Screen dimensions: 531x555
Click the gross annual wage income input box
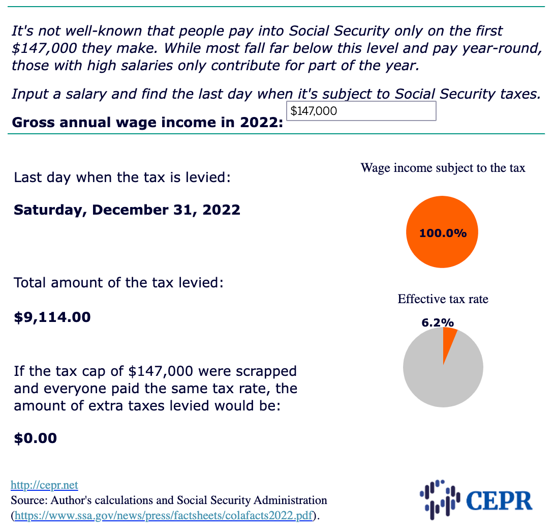[x=361, y=111]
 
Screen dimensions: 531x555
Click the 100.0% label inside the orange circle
[x=443, y=233]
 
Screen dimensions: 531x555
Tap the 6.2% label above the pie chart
[x=438, y=322]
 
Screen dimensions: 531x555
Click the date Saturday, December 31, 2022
[x=127, y=210]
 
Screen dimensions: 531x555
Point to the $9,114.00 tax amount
[x=52, y=317]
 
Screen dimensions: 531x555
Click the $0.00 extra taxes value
[x=35, y=438]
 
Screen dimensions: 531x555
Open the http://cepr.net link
[x=44, y=485]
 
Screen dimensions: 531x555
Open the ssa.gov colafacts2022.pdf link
[x=164, y=515]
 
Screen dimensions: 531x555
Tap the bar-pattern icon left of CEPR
[x=440, y=499]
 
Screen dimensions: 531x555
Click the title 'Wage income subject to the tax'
[x=443, y=167]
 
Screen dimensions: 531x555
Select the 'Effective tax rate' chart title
[x=443, y=299]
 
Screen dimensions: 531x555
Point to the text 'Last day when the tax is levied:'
[x=122, y=178]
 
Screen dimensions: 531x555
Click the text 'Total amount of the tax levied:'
[x=118, y=283]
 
